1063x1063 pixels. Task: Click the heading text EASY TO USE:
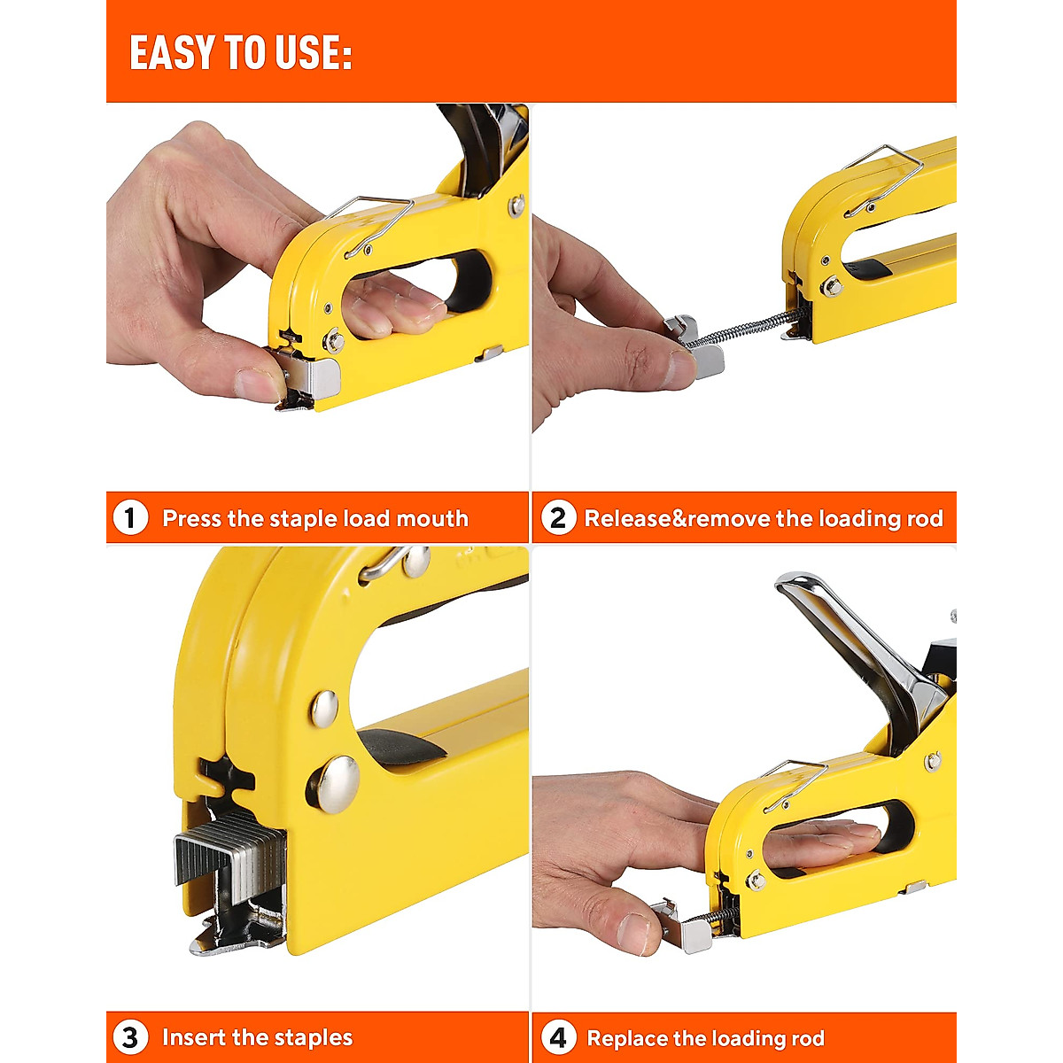(240, 53)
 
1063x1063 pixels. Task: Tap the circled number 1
(130, 517)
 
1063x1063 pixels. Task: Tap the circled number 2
(557, 517)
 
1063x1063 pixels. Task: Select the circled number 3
(130, 1037)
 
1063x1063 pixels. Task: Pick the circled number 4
(557, 1037)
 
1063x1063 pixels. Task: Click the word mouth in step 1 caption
(431, 518)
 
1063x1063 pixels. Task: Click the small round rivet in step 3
(323, 706)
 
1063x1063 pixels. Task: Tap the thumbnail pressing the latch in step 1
(260, 384)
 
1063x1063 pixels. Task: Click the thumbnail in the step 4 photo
(638, 932)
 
